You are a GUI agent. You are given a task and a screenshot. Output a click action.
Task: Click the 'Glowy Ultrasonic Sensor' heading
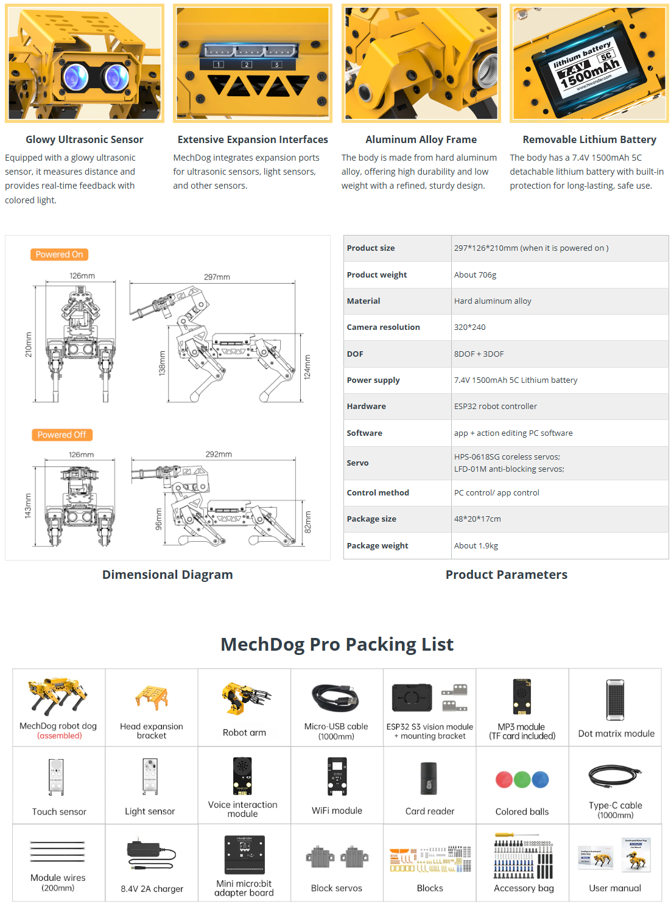point(84,139)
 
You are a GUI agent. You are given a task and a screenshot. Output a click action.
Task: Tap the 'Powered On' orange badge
point(59,254)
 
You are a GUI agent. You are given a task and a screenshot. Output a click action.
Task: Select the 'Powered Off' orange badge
point(61,435)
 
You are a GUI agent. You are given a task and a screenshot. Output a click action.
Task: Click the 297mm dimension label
point(217,277)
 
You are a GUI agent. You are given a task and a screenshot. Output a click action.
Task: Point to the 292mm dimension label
point(219,454)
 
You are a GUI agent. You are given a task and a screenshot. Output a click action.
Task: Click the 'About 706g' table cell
point(475,275)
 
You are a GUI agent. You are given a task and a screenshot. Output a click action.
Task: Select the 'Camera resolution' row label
point(383,327)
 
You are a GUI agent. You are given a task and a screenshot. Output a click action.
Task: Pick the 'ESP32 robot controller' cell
point(495,406)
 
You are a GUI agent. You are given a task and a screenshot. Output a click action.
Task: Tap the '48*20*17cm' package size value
point(477,519)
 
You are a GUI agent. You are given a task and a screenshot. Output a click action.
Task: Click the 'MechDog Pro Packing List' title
point(337,644)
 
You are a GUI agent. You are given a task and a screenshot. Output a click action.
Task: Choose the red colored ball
point(504,780)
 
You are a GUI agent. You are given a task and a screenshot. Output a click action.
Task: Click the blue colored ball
point(540,780)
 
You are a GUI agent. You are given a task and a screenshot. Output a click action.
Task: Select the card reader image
point(429,779)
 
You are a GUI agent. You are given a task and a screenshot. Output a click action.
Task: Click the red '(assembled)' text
point(59,735)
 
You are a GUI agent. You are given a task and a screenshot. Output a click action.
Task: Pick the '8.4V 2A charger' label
point(152,889)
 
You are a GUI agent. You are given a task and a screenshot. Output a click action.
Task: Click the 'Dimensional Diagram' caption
point(167,575)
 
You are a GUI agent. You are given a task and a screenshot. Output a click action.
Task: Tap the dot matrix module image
point(616,699)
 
